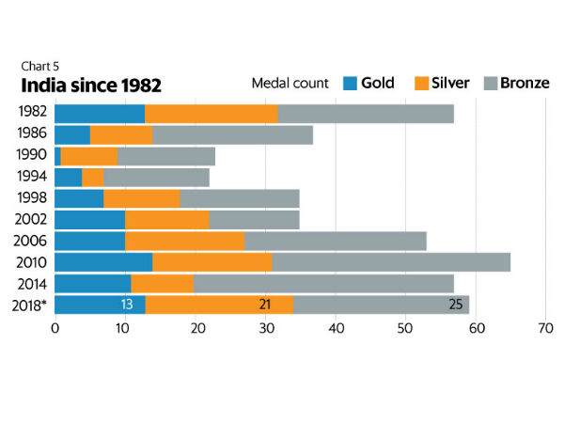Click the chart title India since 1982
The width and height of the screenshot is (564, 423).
[92, 86]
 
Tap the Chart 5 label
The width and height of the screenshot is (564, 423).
[39, 66]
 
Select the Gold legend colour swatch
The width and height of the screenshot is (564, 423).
[349, 84]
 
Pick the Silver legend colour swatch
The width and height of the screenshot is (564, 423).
[423, 84]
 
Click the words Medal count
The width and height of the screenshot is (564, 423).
[290, 84]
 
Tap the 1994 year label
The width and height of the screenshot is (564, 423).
[34, 177]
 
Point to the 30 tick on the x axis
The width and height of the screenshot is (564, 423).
[265, 329]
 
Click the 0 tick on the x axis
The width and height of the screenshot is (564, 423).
[55, 329]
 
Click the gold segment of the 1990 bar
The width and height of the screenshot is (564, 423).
[58, 156]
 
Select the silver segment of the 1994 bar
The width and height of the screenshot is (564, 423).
[93, 177]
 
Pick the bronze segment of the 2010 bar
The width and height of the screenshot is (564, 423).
[391, 261]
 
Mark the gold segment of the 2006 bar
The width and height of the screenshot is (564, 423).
[90, 241]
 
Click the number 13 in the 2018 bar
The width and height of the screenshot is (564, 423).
[127, 305]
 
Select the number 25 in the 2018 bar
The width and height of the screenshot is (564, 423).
[455, 305]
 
